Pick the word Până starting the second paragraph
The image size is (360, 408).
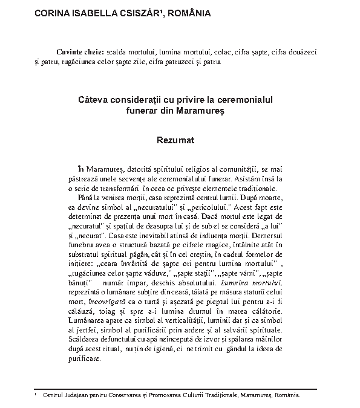[x=88, y=196]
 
